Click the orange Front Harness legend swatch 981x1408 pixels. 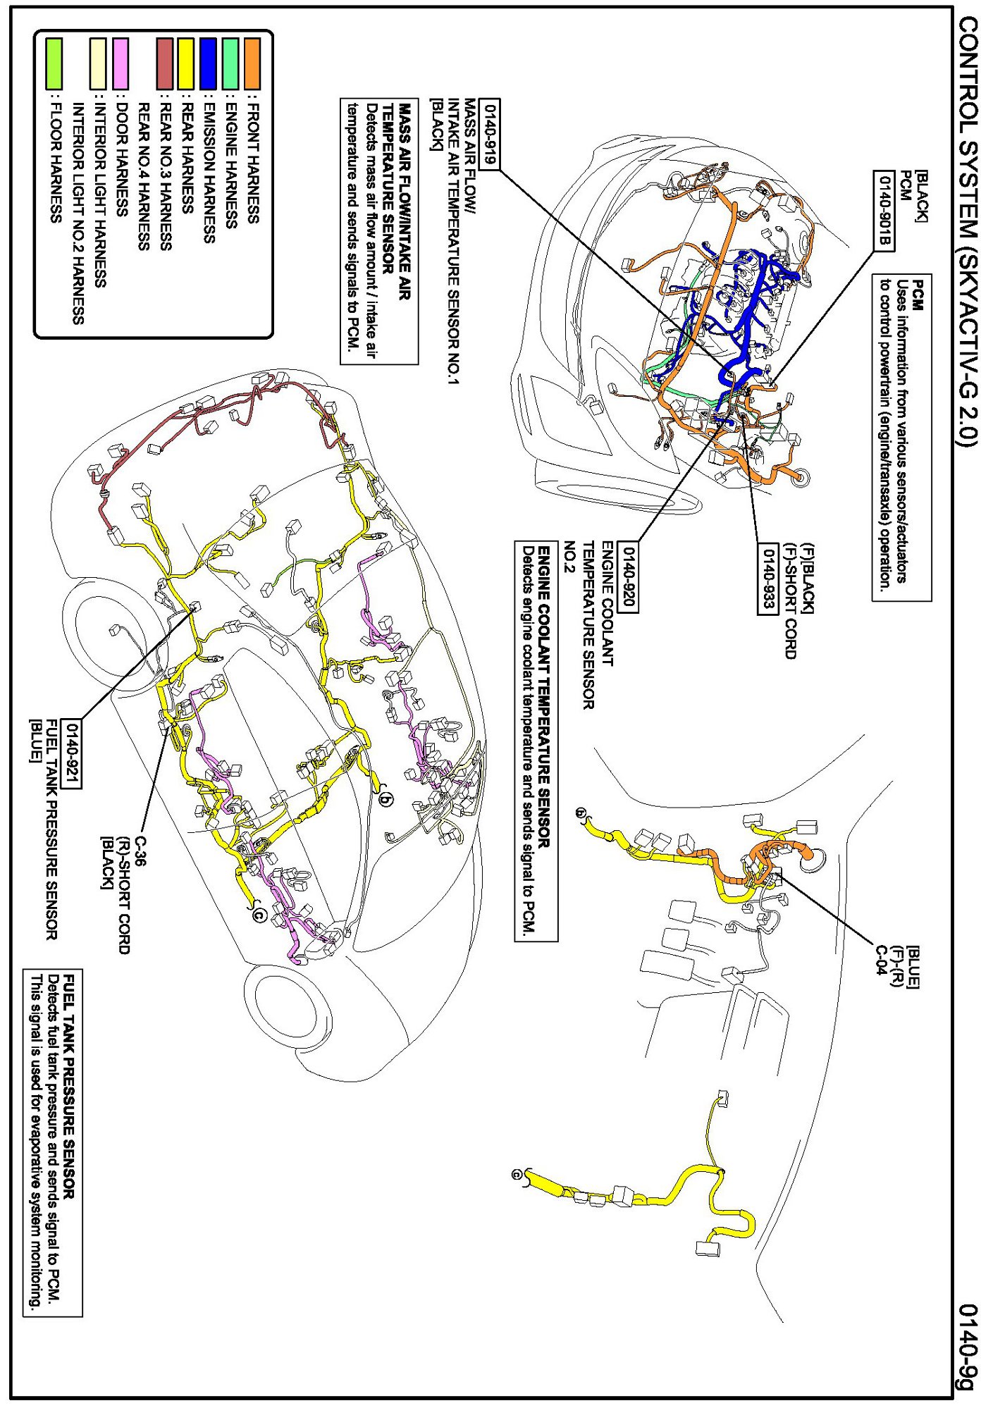point(252,63)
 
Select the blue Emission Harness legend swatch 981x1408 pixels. point(208,63)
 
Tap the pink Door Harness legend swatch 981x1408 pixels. point(121,63)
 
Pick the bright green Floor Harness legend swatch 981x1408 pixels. point(54,63)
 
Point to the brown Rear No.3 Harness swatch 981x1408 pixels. point(164,63)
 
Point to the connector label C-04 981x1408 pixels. point(880,959)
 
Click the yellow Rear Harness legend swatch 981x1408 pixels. point(186,63)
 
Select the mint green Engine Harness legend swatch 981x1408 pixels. point(230,63)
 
